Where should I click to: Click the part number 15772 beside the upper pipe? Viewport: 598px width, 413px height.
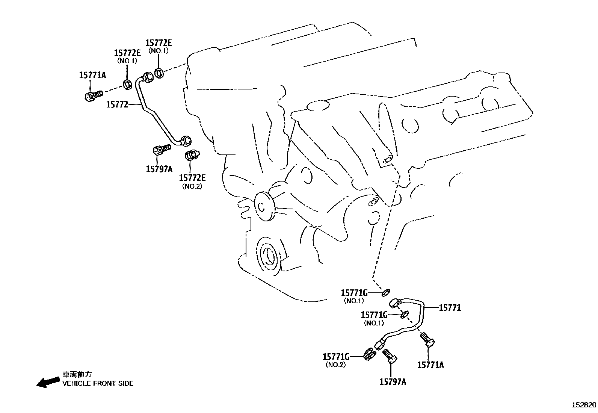[117, 104]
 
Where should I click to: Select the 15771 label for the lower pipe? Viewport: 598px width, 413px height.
[450, 308]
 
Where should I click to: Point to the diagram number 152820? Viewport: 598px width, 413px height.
[583, 405]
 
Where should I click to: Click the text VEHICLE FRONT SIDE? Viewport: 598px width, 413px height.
[98, 384]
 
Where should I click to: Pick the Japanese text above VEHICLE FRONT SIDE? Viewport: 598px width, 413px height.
[77, 374]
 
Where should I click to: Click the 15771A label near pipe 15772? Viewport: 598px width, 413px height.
[92, 75]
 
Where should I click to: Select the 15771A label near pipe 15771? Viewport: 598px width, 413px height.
[430, 365]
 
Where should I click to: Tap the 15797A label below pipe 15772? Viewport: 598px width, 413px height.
[159, 169]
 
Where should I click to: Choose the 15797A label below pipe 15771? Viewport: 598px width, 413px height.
[393, 382]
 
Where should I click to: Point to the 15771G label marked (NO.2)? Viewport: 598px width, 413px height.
[336, 356]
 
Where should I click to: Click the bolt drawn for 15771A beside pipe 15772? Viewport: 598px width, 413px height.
[92, 95]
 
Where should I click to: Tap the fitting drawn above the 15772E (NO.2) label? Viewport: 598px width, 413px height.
[192, 155]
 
